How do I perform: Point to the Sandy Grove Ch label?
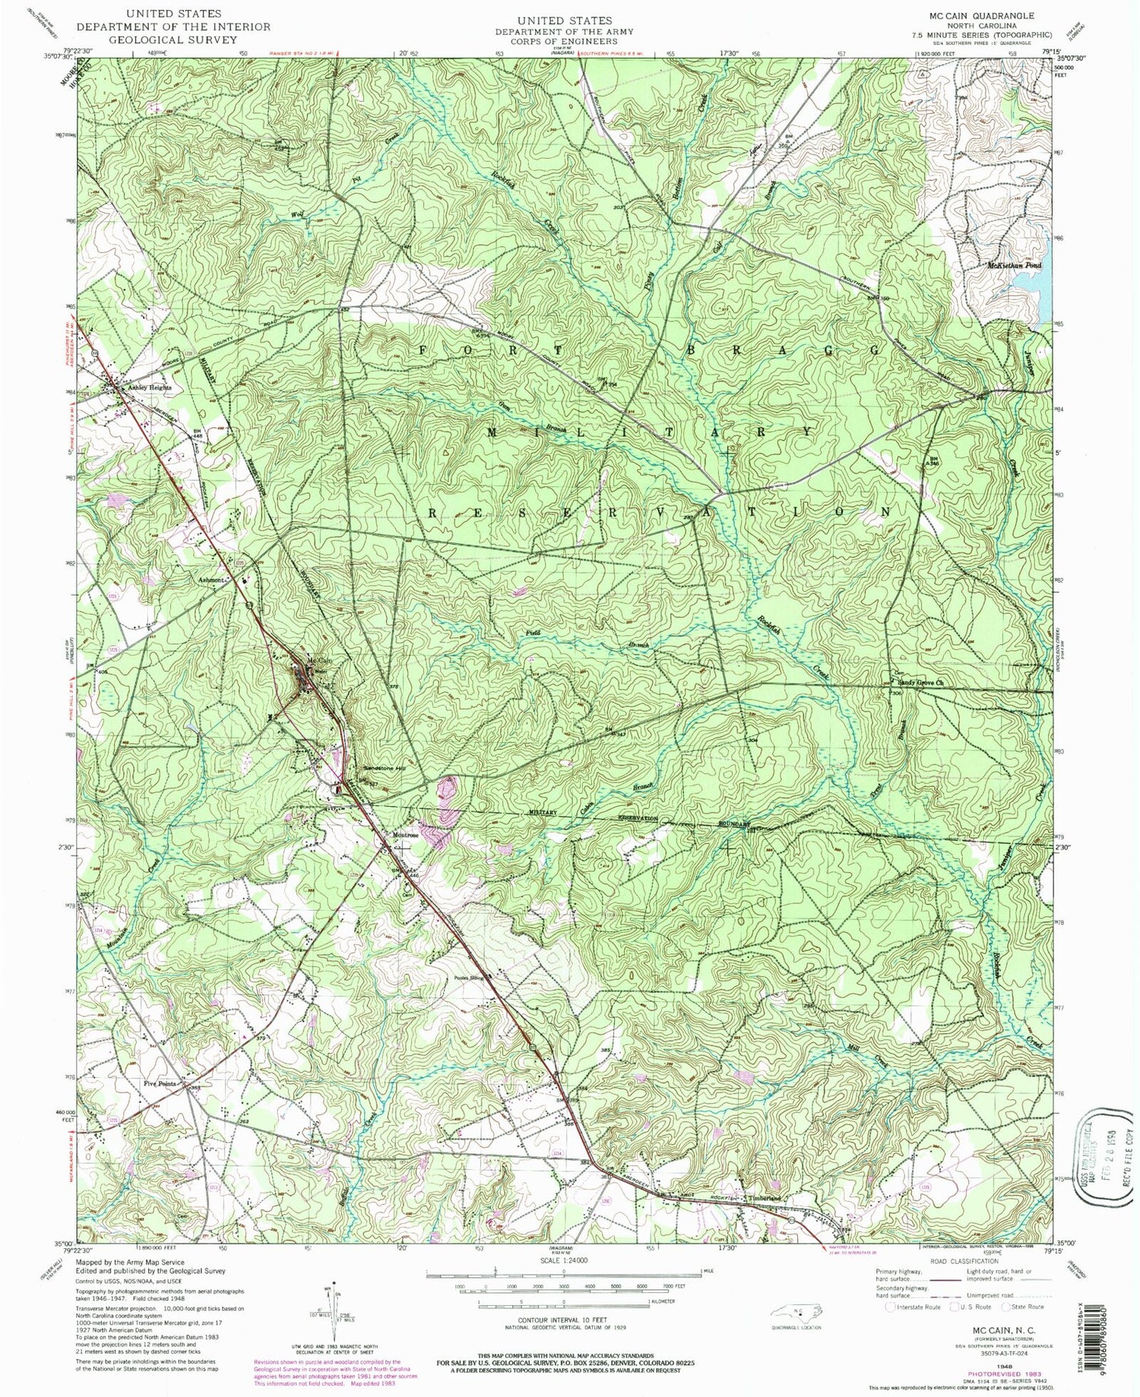point(921,682)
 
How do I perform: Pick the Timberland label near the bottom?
point(762,1198)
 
